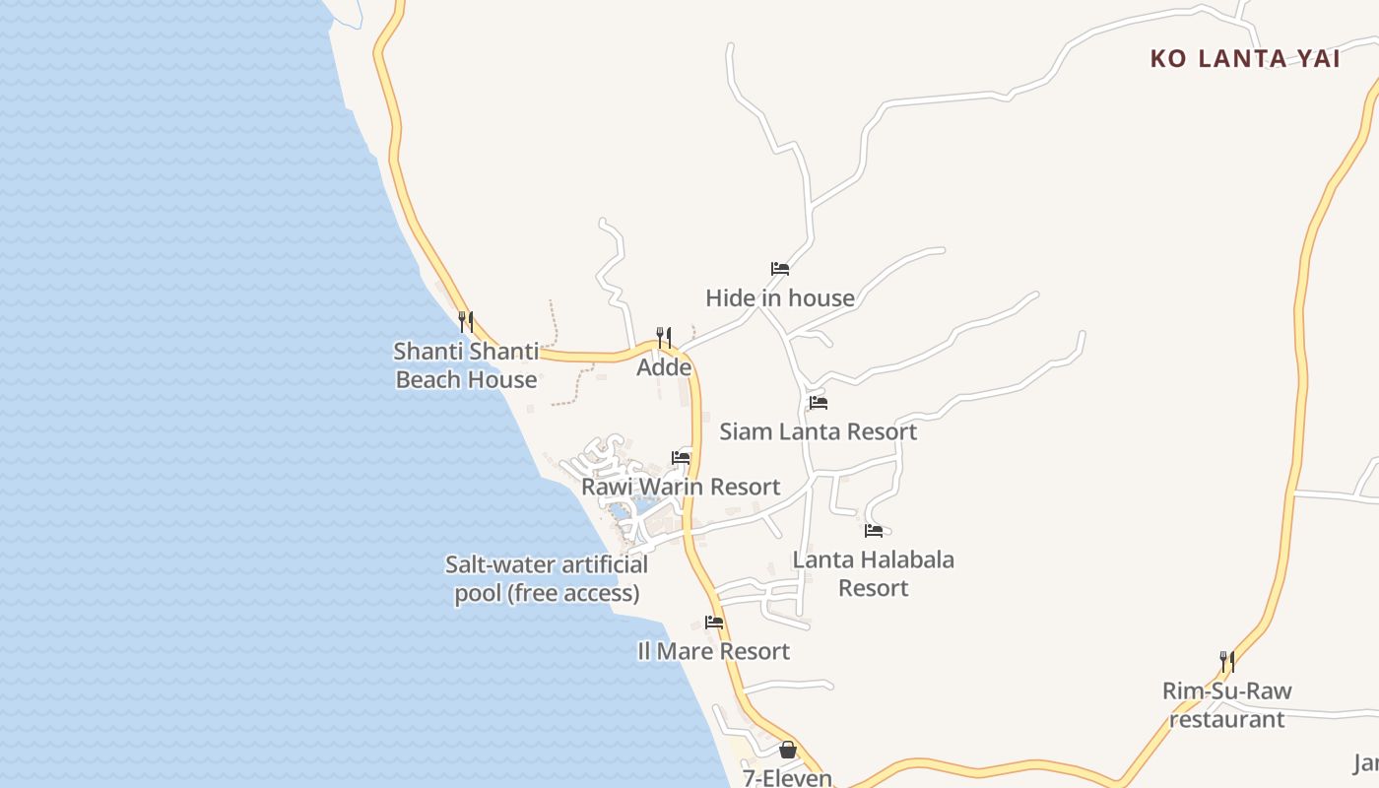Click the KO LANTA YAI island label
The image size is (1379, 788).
point(1245,59)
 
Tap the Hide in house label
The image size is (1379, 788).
point(780,297)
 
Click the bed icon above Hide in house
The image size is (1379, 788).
point(780,268)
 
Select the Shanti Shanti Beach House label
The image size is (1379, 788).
point(467,365)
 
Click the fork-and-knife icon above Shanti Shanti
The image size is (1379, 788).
point(466,321)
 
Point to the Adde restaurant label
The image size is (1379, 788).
point(664,367)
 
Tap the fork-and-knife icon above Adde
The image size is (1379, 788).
point(664,338)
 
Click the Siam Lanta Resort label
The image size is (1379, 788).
point(818,431)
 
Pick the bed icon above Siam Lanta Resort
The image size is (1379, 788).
point(818,403)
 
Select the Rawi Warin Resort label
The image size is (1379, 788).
point(681,487)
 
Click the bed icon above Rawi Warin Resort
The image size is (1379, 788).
point(681,457)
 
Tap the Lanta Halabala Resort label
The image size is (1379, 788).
point(873,573)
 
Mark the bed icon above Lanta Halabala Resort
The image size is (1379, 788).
point(873,531)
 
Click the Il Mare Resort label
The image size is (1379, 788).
point(714,651)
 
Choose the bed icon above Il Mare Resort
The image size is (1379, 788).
point(714,623)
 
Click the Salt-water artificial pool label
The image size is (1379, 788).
point(547,579)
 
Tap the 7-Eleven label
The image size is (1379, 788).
point(787,778)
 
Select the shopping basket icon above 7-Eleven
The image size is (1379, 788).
point(787,750)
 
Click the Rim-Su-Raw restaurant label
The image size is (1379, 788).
point(1226,705)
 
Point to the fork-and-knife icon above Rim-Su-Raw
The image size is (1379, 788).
point(1226,661)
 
